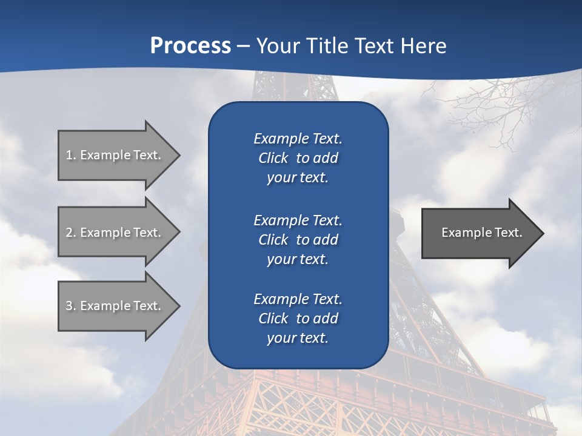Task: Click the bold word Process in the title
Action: point(190,45)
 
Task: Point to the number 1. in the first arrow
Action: point(71,155)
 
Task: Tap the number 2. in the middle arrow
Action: point(71,233)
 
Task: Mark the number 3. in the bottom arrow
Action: point(71,306)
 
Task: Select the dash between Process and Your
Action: point(243,46)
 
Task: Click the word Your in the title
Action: point(276,45)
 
